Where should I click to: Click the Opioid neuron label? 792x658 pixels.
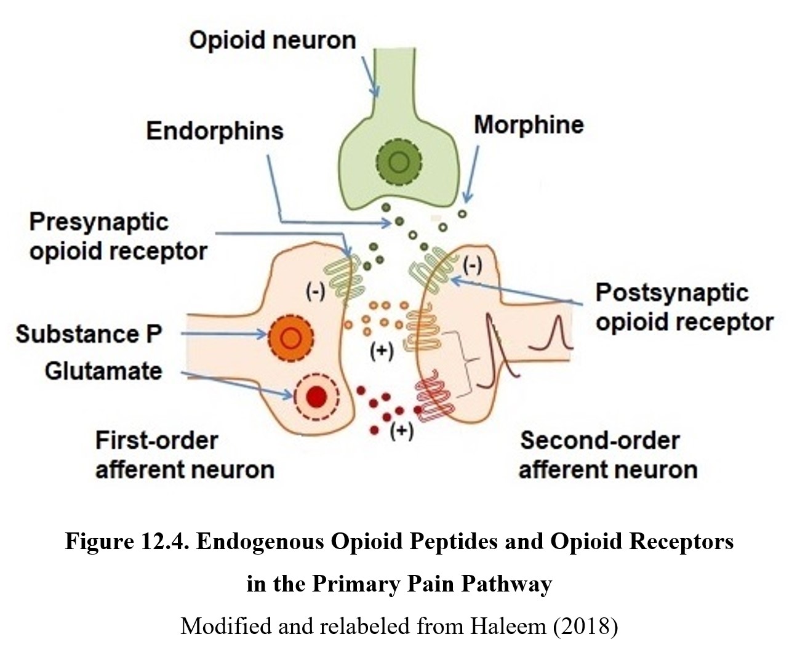(272, 41)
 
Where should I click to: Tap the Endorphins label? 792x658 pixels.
(215, 131)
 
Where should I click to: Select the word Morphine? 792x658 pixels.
(529, 125)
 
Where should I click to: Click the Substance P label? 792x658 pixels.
(89, 334)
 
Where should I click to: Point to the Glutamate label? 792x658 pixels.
(103, 371)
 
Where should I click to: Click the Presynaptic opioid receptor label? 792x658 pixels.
(118, 236)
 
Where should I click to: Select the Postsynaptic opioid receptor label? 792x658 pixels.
(684, 307)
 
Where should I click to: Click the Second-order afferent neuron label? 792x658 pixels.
(608, 455)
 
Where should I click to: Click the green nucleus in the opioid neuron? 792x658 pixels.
(399, 162)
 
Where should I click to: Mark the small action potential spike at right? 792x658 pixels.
(557, 332)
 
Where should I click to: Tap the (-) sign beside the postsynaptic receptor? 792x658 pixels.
(472, 266)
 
